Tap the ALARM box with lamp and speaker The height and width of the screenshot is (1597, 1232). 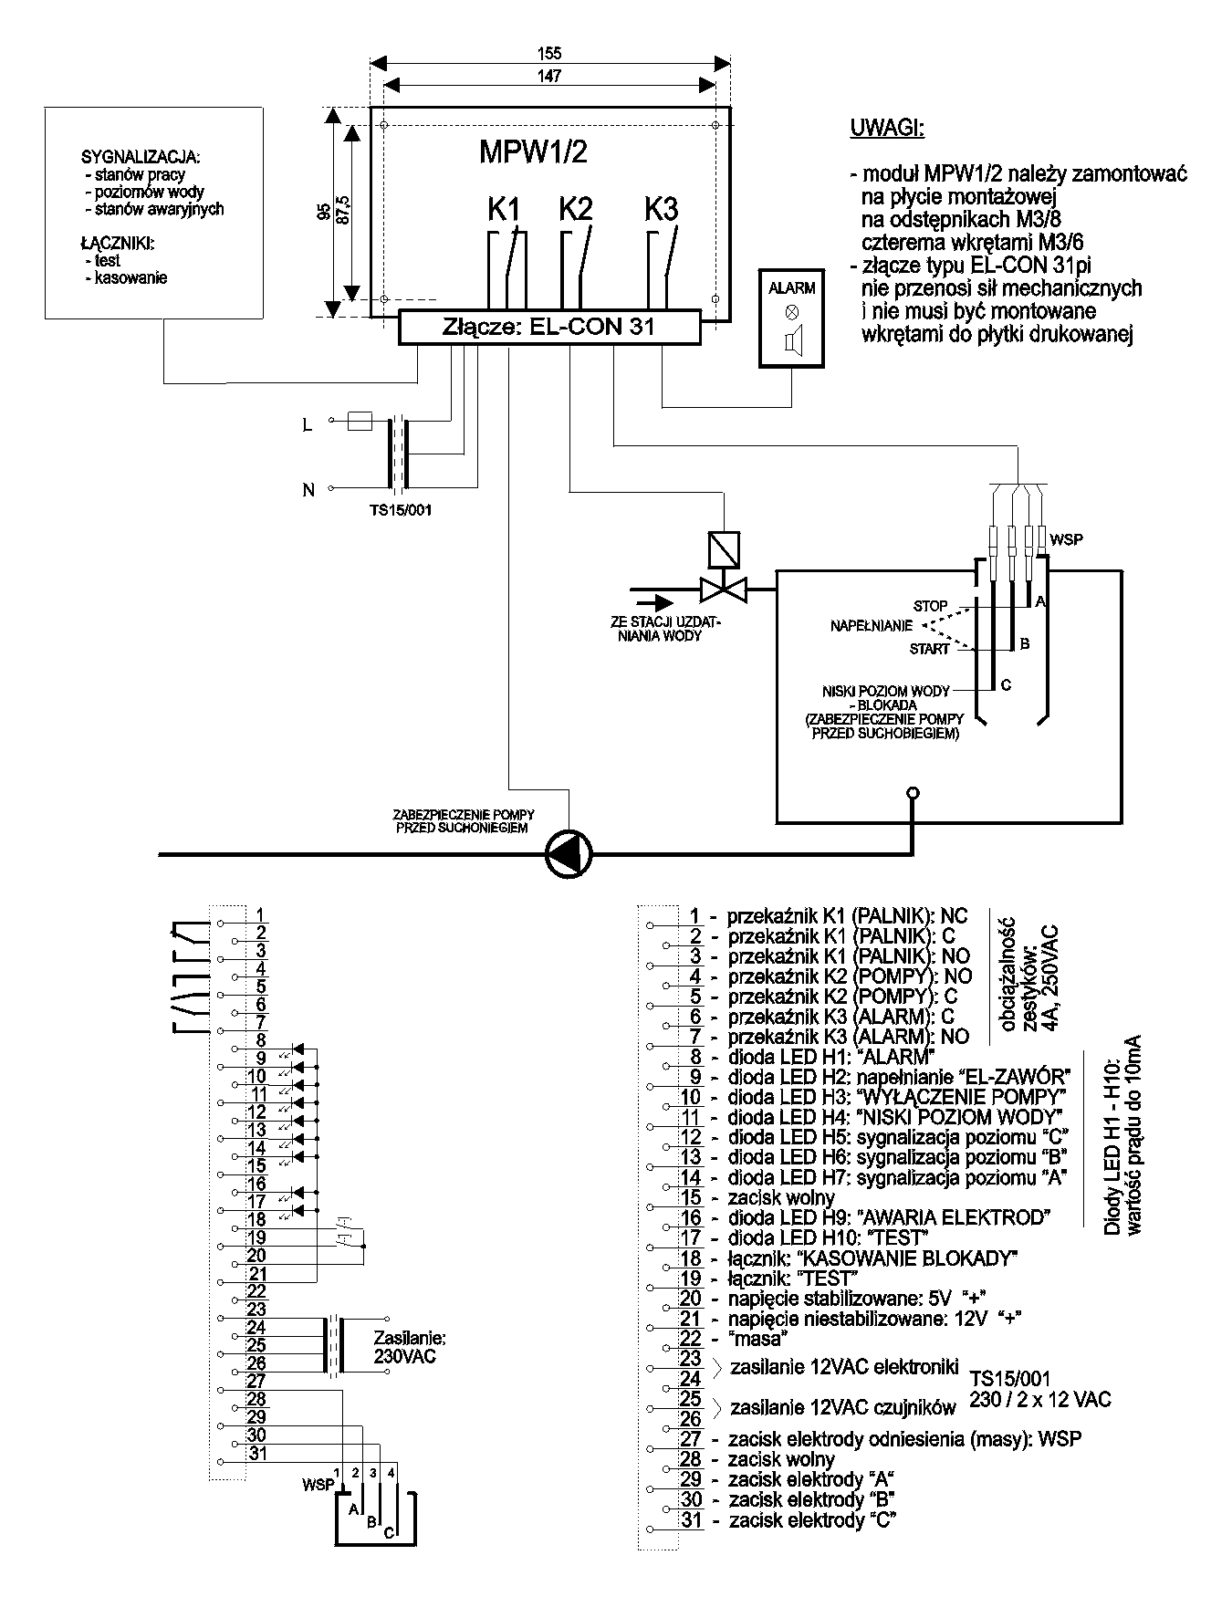click(791, 318)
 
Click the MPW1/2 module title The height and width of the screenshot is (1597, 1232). click(533, 151)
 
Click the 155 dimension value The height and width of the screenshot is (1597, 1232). click(549, 53)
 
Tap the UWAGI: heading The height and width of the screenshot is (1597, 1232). click(887, 128)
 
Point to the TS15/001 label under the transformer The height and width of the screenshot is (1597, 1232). click(394, 510)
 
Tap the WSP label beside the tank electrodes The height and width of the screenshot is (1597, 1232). click(1066, 539)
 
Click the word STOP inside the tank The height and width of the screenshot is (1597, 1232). click(930, 606)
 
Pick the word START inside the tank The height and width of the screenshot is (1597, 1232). click(929, 649)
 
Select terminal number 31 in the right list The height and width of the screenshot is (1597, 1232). click(691, 1520)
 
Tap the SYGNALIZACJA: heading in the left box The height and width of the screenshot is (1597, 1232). click(141, 157)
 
